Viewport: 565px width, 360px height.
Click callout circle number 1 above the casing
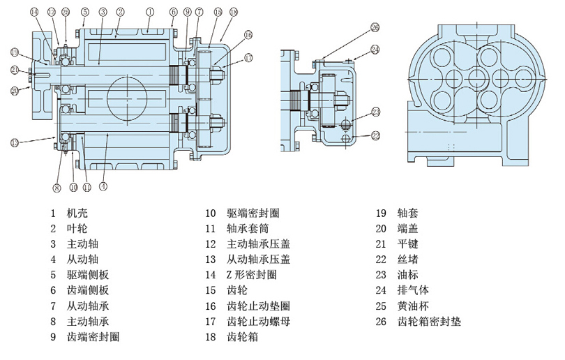[x=150, y=11]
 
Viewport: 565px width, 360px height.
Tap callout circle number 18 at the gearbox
[x=233, y=13]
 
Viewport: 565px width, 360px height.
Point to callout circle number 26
[x=375, y=28]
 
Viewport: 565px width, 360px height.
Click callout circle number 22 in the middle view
[x=375, y=135]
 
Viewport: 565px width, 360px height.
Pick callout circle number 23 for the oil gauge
[x=375, y=112]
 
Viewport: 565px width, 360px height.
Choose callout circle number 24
[x=375, y=50]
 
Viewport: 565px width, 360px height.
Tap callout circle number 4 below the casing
[x=103, y=186]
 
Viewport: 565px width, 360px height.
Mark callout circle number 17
[x=248, y=57]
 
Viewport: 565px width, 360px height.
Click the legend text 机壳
[x=77, y=213]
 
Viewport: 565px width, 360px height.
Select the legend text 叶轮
[x=77, y=229]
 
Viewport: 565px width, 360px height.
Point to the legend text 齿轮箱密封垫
[x=429, y=322]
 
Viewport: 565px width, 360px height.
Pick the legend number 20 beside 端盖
[x=381, y=229]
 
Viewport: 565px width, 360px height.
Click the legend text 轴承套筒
[x=248, y=229]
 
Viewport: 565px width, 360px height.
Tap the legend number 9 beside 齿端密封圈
[x=52, y=337]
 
